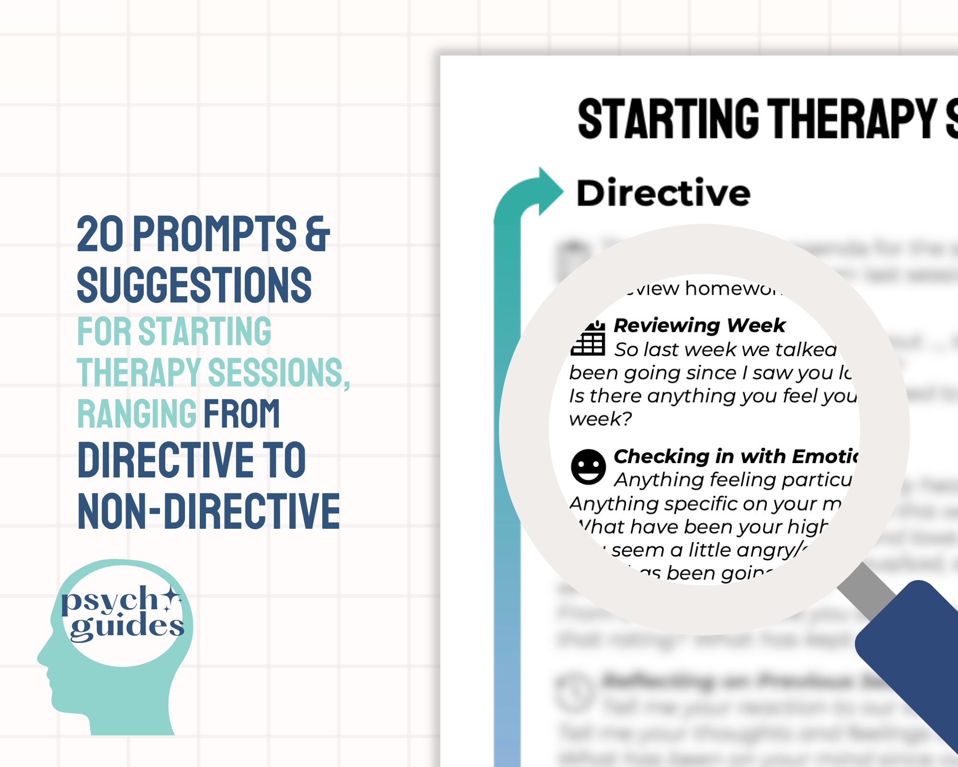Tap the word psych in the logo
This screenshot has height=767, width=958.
coord(109,601)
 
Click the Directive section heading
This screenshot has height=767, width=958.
coord(663,193)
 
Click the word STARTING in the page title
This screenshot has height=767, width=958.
coord(668,119)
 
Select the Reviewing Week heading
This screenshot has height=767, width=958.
coord(699,325)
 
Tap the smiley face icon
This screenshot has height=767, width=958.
coord(588,466)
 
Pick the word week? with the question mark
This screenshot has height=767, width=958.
coord(600,419)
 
